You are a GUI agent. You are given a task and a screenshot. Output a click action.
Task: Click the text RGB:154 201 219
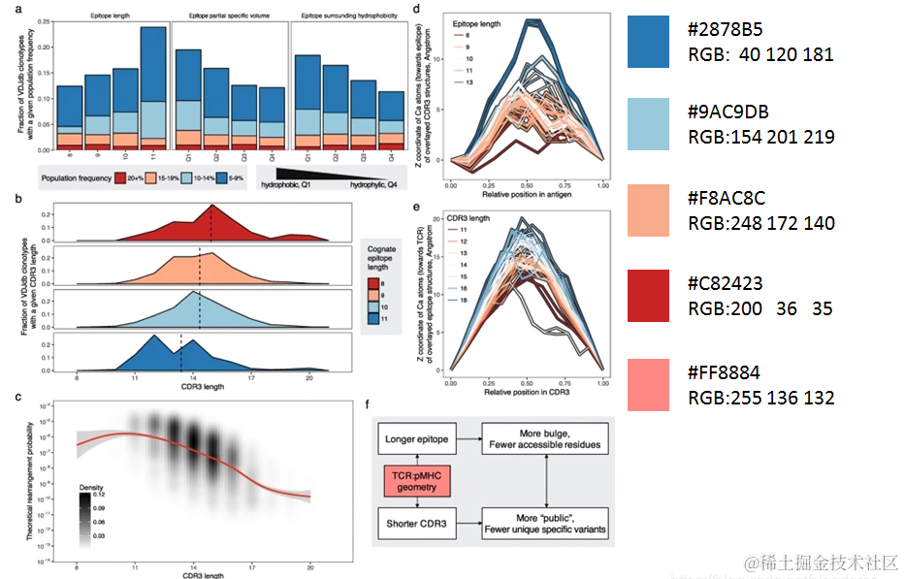760,137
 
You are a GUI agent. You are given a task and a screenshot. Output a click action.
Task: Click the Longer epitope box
418,439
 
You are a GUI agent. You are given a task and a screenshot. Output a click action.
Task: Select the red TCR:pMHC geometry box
418,480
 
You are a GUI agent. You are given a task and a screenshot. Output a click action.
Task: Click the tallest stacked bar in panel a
152,88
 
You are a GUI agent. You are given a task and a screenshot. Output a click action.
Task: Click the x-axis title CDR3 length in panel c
193,575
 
